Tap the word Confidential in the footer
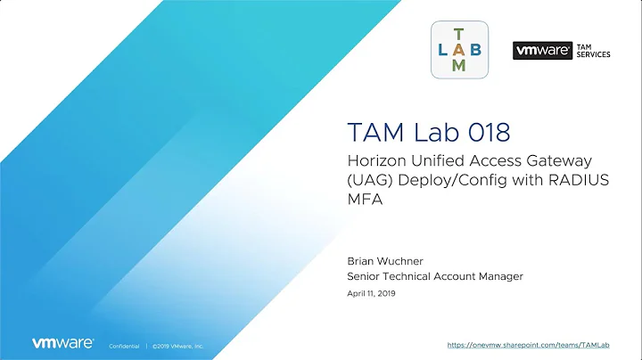(x=123, y=345)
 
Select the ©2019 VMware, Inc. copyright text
(x=178, y=345)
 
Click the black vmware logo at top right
(x=541, y=51)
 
